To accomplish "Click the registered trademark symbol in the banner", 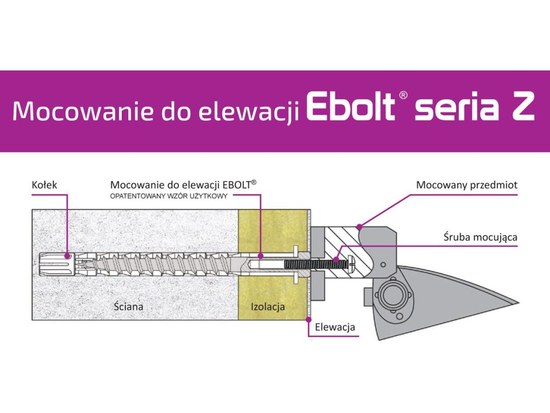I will tap(404, 95).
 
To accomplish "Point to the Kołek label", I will tap(44, 185).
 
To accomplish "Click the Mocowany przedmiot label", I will tap(467, 185).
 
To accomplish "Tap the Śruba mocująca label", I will tap(480, 236).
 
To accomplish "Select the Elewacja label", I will tap(335, 326).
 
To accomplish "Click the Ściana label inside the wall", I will tap(128, 307).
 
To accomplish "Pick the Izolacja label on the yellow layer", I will tap(267, 307).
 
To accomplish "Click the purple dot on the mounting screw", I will tap(337, 259).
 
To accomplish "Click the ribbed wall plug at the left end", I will tap(54, 264).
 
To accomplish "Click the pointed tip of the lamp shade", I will tap(517, 303).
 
